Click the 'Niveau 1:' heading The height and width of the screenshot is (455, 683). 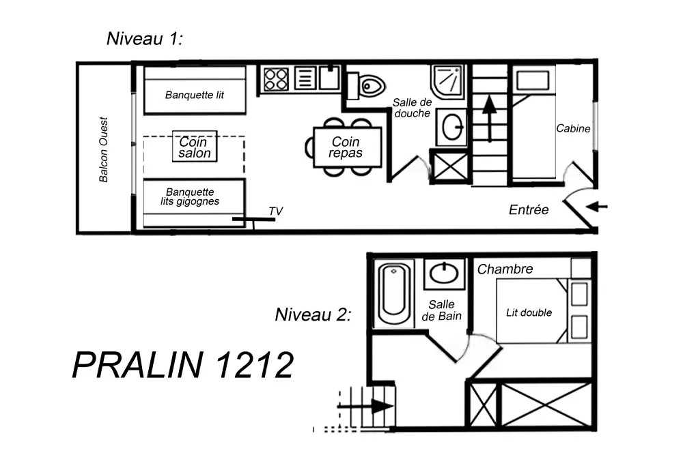pyautogui.click(x=145, y=38)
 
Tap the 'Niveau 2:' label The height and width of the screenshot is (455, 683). pyautogui.click(x=313, y=314)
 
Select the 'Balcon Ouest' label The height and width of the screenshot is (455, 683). pyautogui.click(x=104, y=150)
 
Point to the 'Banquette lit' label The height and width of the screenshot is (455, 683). pyautogui.click(x=195, y=96)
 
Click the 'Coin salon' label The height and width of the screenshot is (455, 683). pyautogui.click(x=195, y=147)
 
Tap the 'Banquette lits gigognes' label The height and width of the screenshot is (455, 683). pyautogui.click(x=193, y=197)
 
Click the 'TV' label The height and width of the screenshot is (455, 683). pyautogui.click(x=275, y=211)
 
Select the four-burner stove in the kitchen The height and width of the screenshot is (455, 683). pyautogui.click(x=276, y=78)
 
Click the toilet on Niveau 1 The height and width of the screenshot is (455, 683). pyautogui.click(x=370, y=86)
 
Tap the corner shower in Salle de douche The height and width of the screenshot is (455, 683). pyautogui.click(x=448, y=82)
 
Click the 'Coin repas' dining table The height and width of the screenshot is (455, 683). pyautogui.click(x=346, y=147)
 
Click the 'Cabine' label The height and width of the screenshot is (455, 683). pyautogui.click(x=573, y=128)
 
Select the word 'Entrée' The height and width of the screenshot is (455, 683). pyautogui.click(x=529, y=210)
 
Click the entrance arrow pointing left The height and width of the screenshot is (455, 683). pyautogui.click(x=596, y=207)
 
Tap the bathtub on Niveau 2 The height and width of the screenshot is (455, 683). pyautogui.click(x=395, y=293)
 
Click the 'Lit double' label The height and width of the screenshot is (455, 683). pyautogui.click(x=529, y=312)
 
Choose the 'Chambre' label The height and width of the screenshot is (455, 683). pyautogui.click(x=505, y=269)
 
